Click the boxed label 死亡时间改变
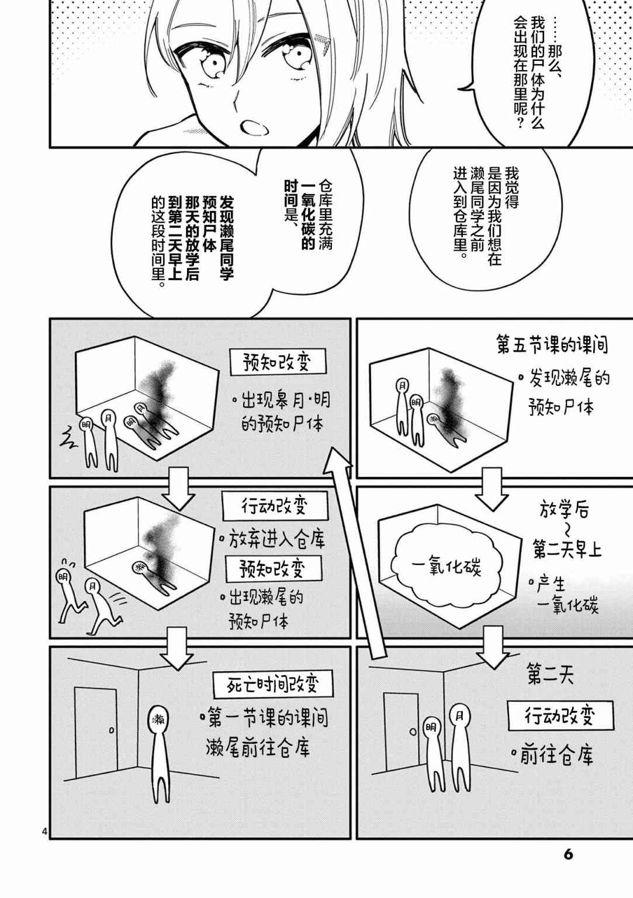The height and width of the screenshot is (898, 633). (x=272, y=684)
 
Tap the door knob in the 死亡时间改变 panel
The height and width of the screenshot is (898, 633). (x=112, y=730)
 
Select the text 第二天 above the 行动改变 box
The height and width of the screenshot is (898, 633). (x=551, y=674)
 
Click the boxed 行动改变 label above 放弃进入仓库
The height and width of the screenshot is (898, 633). (x=275, y=506)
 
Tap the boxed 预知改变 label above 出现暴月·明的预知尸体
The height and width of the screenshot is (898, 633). (x=278, y=362)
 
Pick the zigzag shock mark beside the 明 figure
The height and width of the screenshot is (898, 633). (x=68, y=437)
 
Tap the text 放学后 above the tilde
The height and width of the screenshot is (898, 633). (x=564, y=511)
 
